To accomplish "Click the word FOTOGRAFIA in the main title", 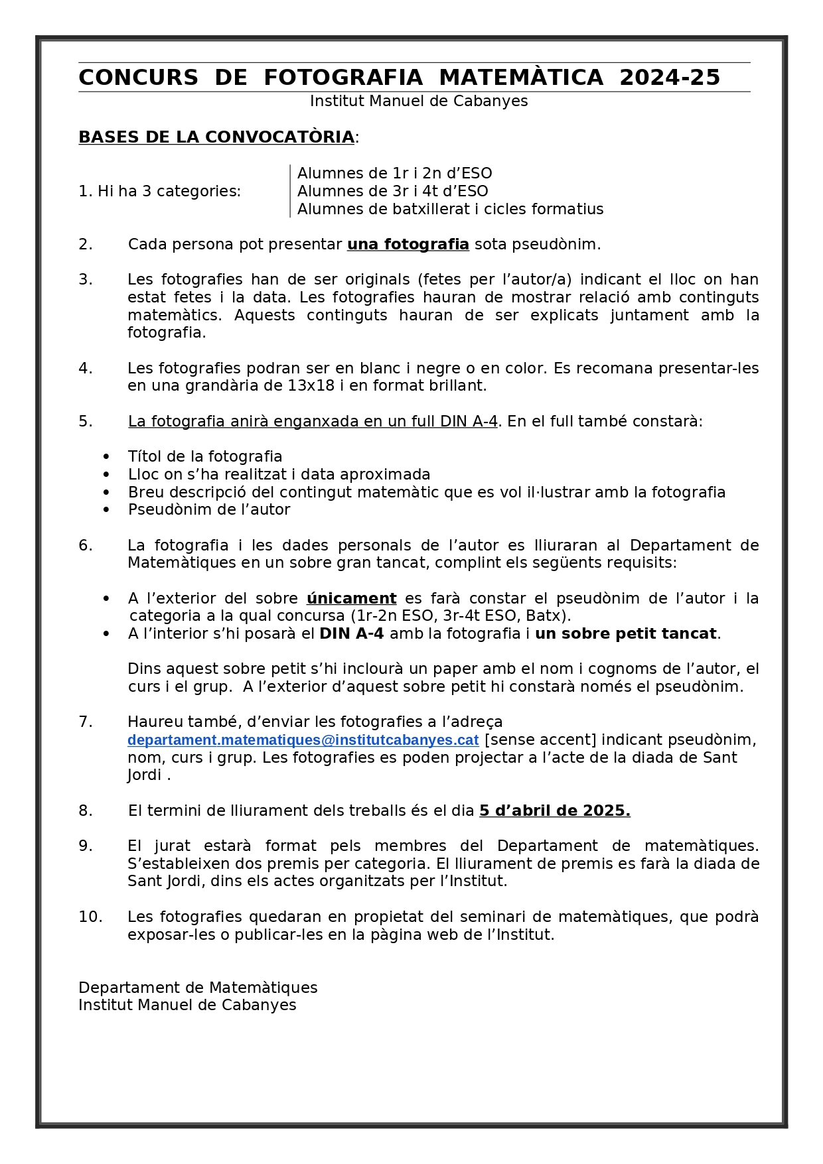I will click(342, 78).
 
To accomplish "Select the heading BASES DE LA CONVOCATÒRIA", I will click(216, 137).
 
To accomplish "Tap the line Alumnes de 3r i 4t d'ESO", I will click(392, 192).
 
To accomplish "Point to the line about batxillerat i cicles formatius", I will click(450, 210).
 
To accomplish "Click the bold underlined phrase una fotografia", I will click(408, 245).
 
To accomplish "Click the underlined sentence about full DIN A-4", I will click(313, 422).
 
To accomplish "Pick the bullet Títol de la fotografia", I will click(205, 457).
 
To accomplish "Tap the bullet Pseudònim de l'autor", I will click(209, 510).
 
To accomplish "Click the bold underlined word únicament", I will click(351, 599).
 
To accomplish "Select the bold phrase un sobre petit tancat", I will click(625, 634).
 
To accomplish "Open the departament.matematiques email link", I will click(303, 740).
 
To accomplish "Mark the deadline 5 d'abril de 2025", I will click(554, 811).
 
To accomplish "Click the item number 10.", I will click(90, 917).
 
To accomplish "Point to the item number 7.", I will click(86, 722).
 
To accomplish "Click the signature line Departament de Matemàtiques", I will click(198, 988).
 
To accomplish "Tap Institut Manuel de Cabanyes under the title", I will click(418, 101).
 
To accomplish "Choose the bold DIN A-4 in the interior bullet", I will click(351, 634).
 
